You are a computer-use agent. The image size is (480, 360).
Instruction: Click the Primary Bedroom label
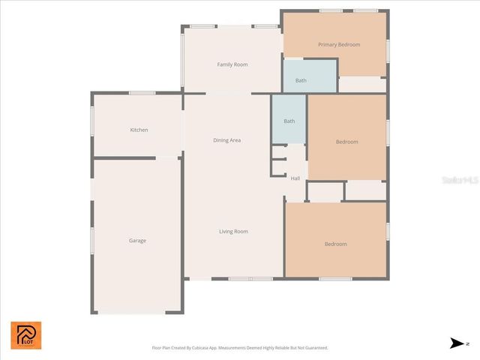click(x=339, y=45)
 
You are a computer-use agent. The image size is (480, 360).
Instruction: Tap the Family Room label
click(x=232, y=65)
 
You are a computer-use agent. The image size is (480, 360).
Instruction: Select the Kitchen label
click(x=139, y=130)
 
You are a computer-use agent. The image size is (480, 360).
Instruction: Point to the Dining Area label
click(x=227, y=141)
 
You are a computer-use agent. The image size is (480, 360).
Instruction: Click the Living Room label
click(x=233, y=232)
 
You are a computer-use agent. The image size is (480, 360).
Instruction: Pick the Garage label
click(x=137, y=241)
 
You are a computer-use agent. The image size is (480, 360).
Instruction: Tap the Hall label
click(x=295, y=178)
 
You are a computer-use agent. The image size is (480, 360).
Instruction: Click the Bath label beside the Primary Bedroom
click(x=301, y=81)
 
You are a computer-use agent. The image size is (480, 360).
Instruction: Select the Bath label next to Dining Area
click(x=289, y=121)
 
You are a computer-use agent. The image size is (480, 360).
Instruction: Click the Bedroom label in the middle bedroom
click(x=346, y=142)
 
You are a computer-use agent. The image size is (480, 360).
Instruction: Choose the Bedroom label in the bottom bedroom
click(x=335, y=244)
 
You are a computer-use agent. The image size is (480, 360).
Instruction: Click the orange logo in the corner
click(x=26, y=335)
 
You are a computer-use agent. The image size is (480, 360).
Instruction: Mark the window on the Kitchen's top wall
click(x=142, y=93)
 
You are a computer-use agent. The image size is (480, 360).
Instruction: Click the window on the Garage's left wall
click(x=92, y=241)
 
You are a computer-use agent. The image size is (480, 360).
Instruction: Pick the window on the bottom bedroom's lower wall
click(x=335, y=279)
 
